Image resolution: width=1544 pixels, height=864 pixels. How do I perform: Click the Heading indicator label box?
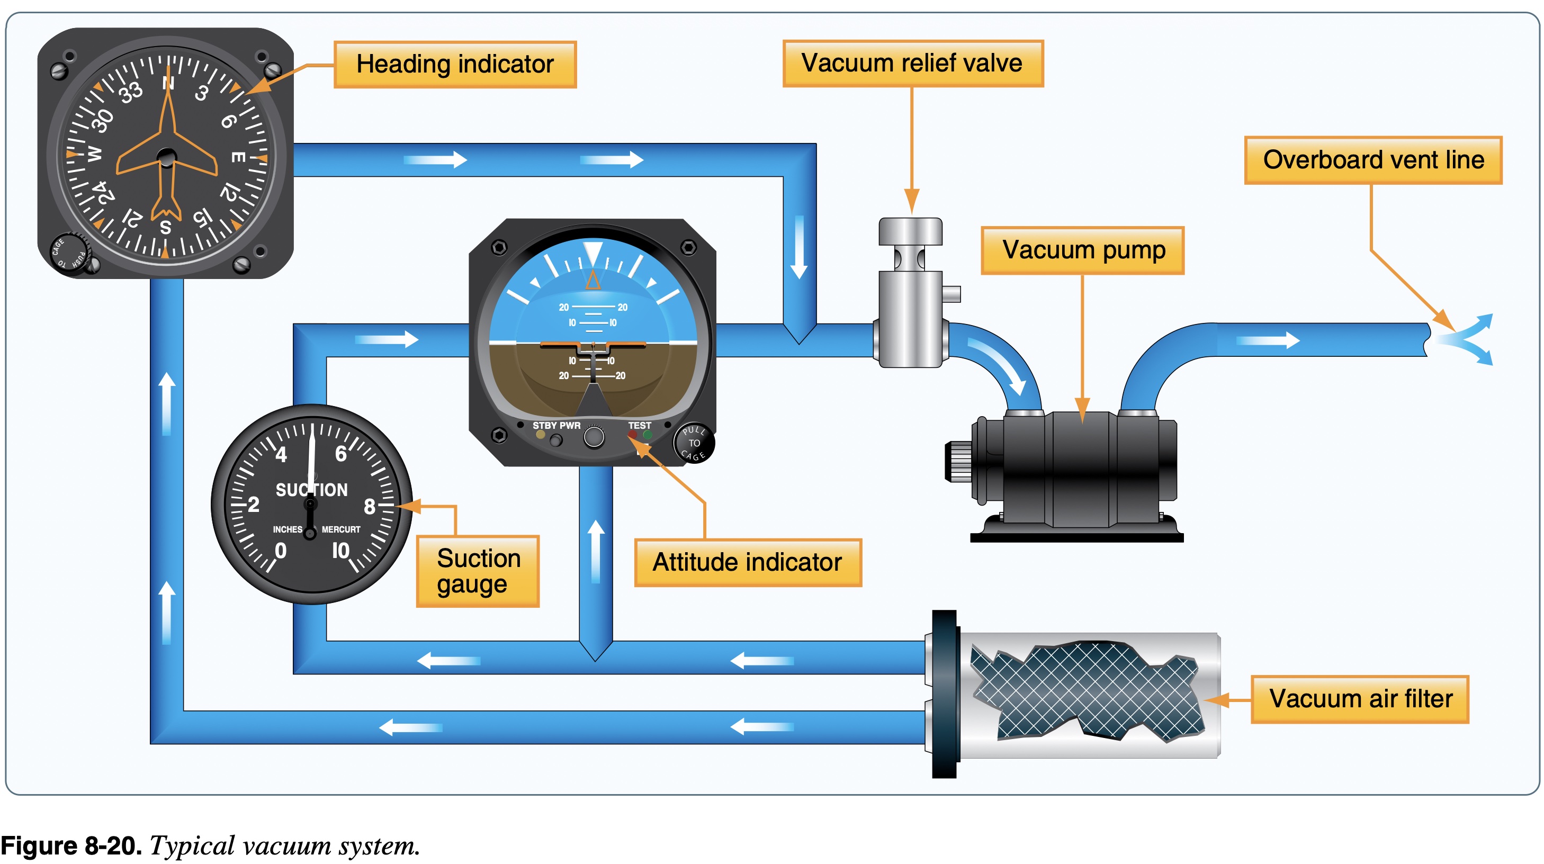click(x=455, y=64)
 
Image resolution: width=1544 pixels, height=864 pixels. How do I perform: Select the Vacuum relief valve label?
click(x=912, y=63)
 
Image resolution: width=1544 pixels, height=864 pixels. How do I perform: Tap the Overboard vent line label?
click(x=1372, y=160)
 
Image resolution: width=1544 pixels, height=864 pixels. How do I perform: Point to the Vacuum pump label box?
click(x=1082, y=250)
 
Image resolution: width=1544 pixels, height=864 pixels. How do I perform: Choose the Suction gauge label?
click(x=478, y=571)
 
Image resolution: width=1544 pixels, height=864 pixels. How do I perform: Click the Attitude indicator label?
click(x=748, y=562)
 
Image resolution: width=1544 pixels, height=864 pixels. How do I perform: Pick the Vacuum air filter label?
click(x=1360, y=699)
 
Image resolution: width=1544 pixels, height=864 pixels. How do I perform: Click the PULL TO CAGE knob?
click(x=694, y=444)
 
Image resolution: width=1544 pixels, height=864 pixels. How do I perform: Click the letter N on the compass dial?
click(x=168, y=83)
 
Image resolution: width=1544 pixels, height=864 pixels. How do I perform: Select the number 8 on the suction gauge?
click(x=369, y=506)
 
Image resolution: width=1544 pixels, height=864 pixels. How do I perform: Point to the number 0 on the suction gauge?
click(x=280, y=550)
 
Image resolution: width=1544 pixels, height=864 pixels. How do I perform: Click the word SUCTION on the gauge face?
click(x=311, y=490)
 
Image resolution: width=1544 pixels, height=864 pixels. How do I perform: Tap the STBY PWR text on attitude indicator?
click(x=556, y=426)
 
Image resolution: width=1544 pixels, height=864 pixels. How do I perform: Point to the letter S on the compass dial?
click(x=165, y=227)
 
